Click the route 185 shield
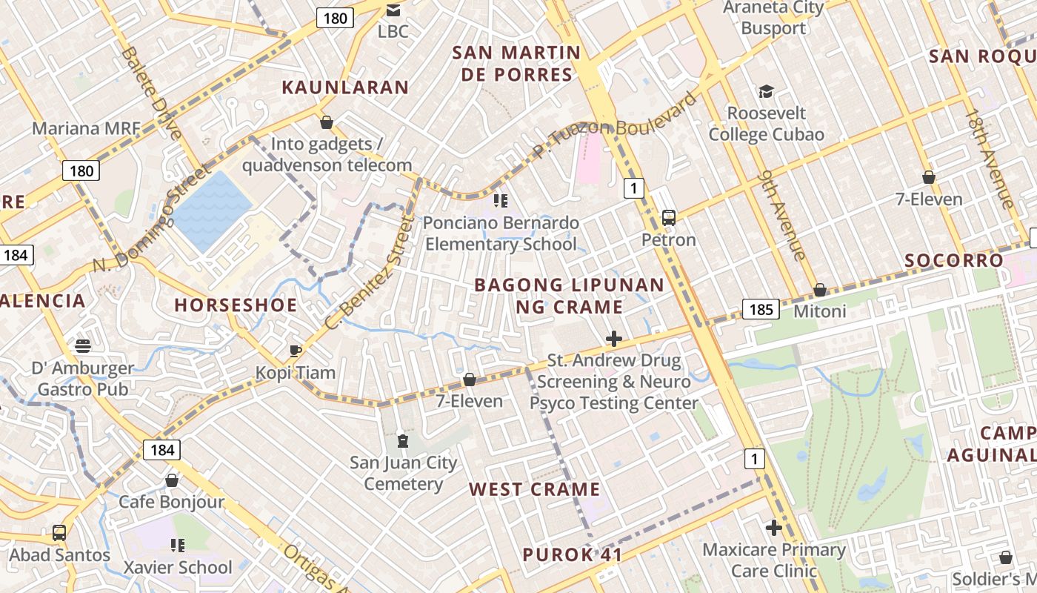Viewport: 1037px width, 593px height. coord(761,309)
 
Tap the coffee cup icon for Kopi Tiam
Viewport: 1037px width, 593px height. coord(295,351)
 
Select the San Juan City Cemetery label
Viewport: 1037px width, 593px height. coord(403,474)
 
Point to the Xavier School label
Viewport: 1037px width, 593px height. coord(178,568)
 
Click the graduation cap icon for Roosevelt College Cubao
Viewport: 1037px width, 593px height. coord(766,91)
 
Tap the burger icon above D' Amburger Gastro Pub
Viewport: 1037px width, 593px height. coord(83,345)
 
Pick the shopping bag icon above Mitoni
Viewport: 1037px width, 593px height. coord(819,290)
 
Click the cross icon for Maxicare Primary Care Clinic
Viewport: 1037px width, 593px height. coord(774,528)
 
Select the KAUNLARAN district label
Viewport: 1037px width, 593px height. coord(345,87)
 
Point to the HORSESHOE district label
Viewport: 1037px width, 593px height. coord(236,305)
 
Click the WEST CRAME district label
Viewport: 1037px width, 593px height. coord(534,489)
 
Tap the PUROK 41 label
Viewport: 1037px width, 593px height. coord(572,555)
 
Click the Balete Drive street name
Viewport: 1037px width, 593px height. coord(151,93)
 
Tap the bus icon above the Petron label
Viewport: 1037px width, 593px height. coord(668,218)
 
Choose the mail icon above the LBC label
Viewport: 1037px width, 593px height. coord(393,10)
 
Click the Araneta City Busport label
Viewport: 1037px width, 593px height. coord(773,19)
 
